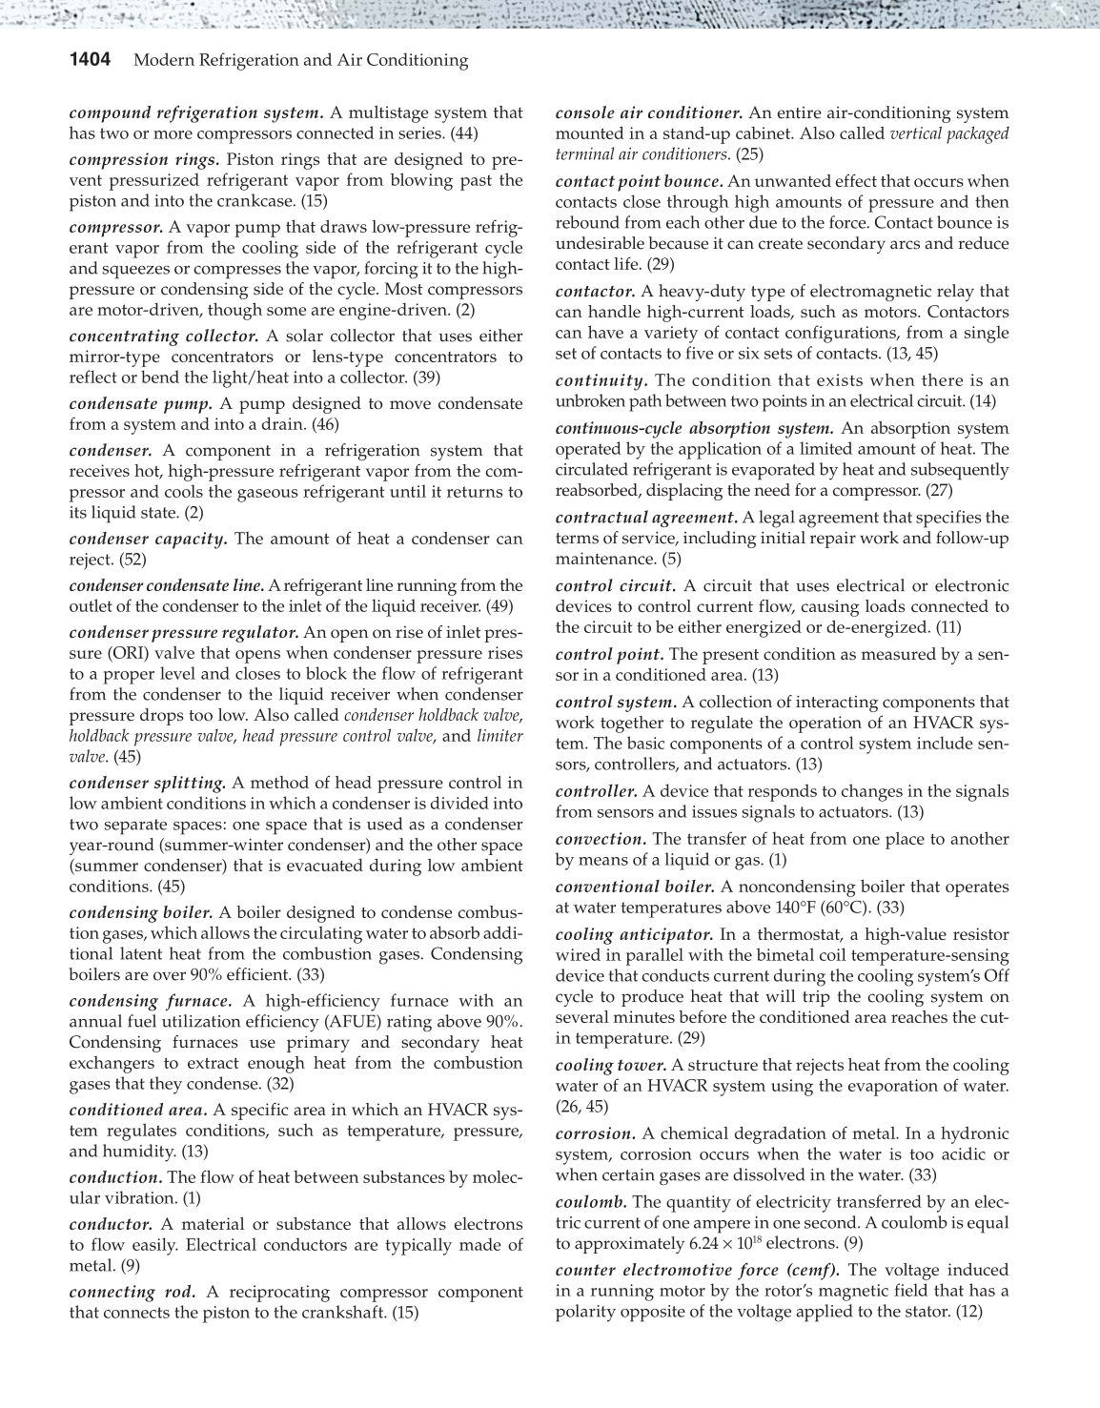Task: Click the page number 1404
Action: pos(91,61)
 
